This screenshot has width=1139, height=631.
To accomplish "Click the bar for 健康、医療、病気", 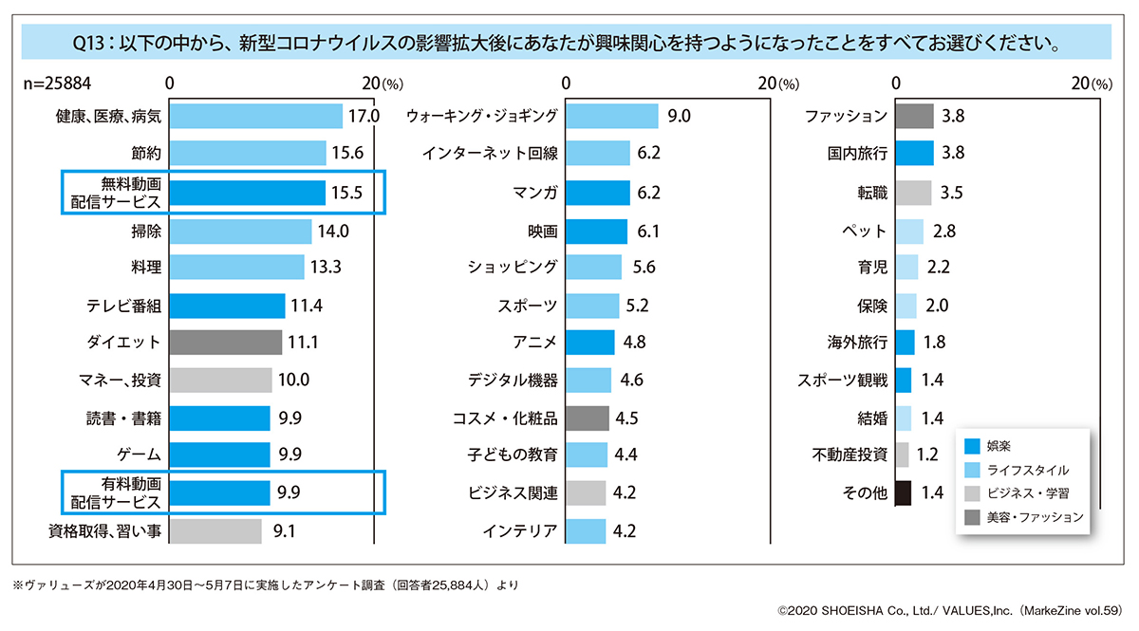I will point(256,117).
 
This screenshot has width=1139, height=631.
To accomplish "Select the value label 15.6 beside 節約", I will point(347,154).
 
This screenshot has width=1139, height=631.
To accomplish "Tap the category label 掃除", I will point(145,231).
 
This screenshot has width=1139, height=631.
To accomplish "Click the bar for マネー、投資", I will point(220,380).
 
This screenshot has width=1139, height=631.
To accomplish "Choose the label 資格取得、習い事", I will point(105,530).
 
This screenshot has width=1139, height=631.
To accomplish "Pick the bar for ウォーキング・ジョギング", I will point(612,117).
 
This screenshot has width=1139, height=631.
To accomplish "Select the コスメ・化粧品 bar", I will point(588,418).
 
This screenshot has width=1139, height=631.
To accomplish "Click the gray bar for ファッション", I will point(914,117).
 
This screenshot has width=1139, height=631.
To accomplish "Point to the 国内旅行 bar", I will point(914,154).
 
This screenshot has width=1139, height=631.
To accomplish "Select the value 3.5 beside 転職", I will point(951,193).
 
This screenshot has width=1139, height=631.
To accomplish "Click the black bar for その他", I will point(904,492).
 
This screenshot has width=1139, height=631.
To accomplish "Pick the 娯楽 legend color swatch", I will point(972,446).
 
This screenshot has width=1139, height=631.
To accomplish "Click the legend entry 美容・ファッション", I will point(1035,517).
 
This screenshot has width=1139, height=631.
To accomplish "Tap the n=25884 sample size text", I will point(58,84).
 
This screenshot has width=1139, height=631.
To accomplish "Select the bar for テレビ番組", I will point(228,306).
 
